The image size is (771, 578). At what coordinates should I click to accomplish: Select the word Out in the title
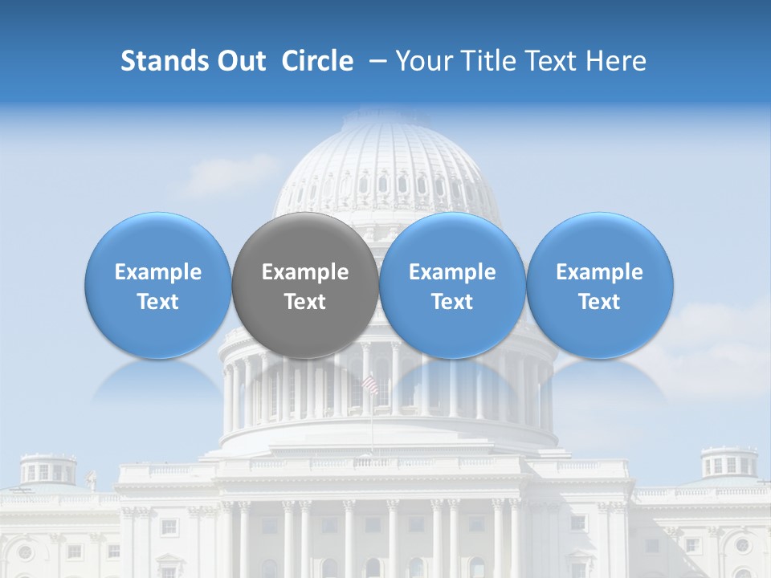click(x=239, y=61)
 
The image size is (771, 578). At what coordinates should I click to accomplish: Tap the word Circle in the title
click(x=317, y=61)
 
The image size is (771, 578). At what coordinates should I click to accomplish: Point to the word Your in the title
click(x=424, y=61)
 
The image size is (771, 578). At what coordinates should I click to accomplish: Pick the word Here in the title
click(x=615, y=61)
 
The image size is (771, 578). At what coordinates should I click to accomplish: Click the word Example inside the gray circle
click(x=305, y=272)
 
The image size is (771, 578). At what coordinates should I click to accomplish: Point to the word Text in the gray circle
click(x=305, y=302)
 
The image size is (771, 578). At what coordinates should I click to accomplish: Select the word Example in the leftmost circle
click(x=158, y=272)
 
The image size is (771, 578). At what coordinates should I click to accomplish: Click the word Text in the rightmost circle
click(x=599, y=302)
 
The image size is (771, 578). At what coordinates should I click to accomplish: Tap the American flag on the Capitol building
click(x=370, y=385)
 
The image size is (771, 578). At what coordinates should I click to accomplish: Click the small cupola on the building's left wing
click(x=48, y=470)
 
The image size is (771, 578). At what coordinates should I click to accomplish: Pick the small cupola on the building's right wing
click(x=728, y=463)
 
